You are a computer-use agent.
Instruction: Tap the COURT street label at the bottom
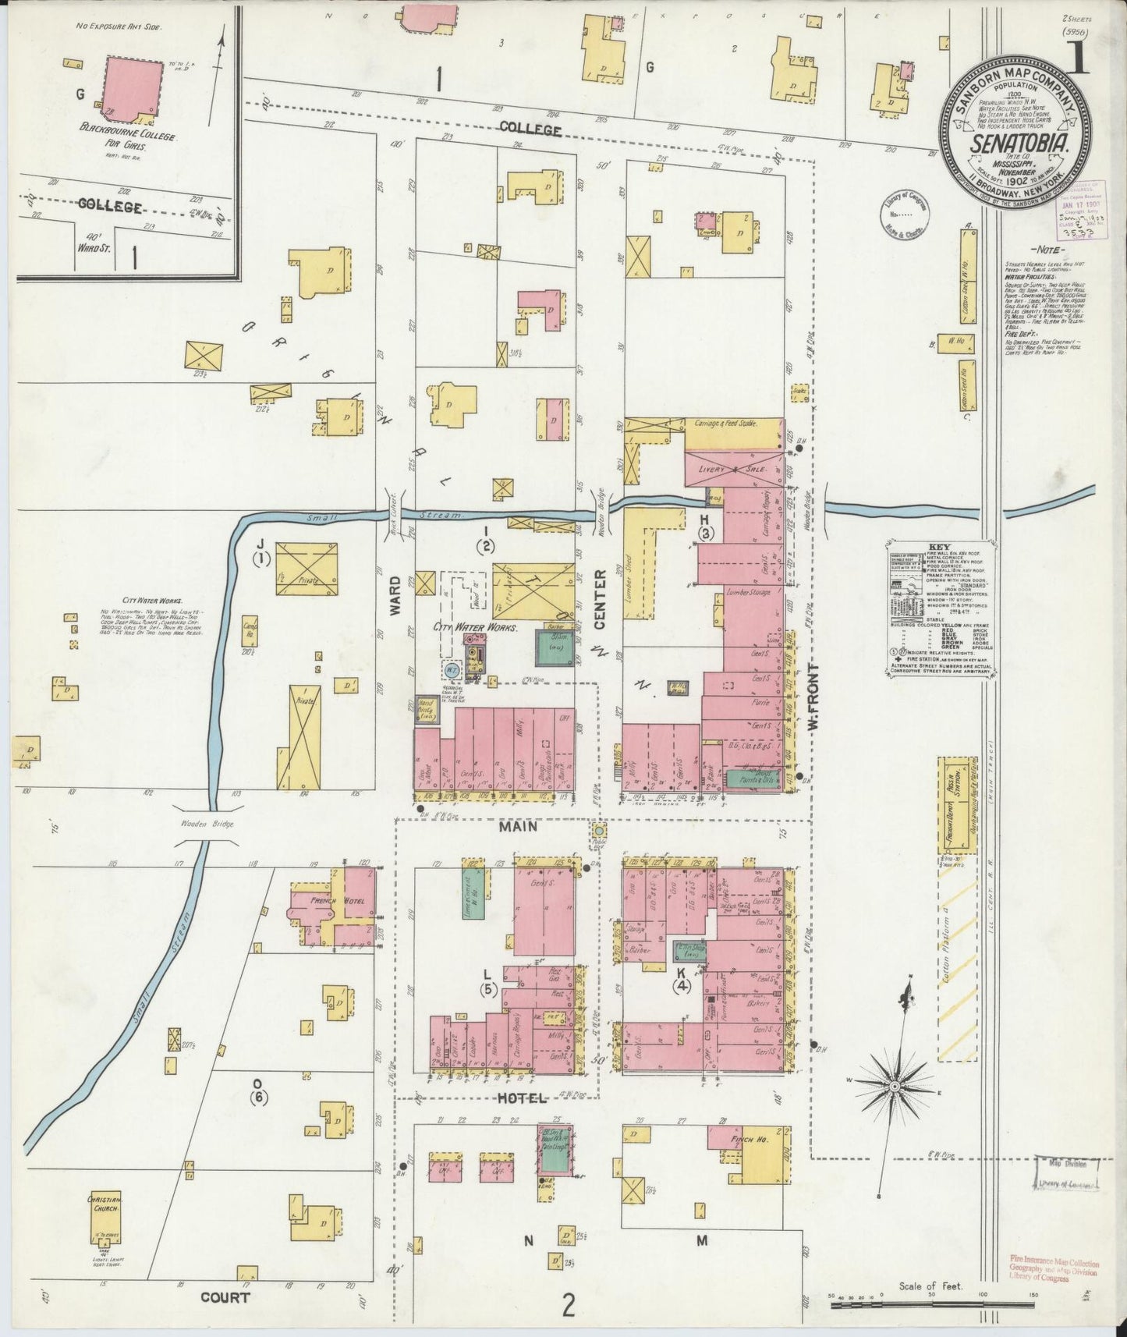(225, 1297)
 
